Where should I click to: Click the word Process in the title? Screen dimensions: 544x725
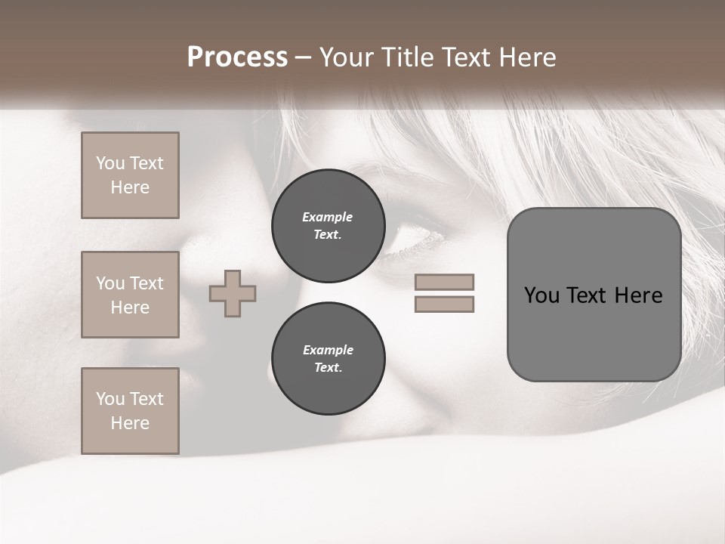[x=237, y=57]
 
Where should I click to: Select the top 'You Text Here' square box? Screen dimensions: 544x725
[x=130, y=175]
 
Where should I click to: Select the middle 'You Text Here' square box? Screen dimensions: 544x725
[x=130, y=295]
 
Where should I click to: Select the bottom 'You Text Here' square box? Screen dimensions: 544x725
[x=130, y=411]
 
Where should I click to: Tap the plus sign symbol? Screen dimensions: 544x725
[x=233, y=293]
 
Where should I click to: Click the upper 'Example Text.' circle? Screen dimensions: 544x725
[x=328, y=225]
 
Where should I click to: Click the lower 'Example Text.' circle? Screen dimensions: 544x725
[x=328, y=358]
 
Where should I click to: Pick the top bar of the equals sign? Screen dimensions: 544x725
[x=444, y=282]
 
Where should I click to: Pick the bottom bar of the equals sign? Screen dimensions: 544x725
[x=444, y=304]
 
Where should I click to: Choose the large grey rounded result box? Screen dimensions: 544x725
[x=594, y=295]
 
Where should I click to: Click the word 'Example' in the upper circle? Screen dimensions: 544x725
[x=327, y=217]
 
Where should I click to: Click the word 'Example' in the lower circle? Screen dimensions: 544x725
[x=328, y=350]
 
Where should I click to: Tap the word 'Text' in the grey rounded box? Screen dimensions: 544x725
[x=586, y=295]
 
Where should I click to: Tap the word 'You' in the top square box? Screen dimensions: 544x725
[x=110, y=163]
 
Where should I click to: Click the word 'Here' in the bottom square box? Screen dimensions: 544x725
[x=130, y=423]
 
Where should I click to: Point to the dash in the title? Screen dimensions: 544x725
[x=303, y=58]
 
